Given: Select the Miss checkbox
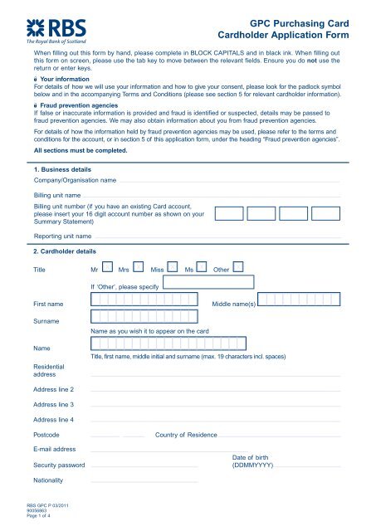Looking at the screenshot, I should [172, 267].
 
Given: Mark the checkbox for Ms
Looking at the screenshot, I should [203, 267].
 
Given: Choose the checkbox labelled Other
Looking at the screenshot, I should [239, 267].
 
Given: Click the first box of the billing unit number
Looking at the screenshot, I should [228, 212].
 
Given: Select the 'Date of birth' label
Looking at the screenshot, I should [248, 458].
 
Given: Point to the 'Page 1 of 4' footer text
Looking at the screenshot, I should [42, 517].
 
